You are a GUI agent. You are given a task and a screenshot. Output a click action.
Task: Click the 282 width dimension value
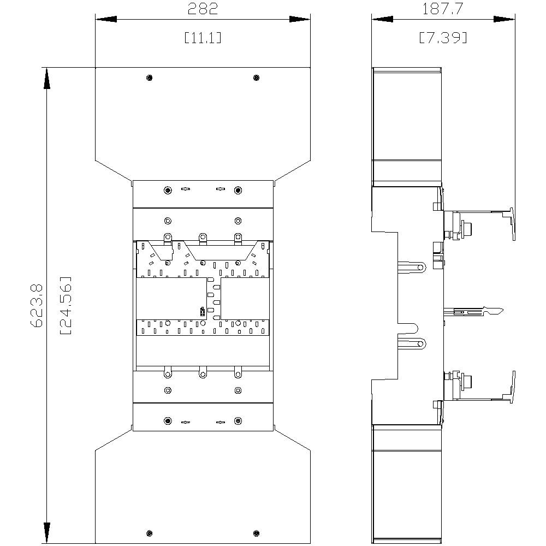point(203,9)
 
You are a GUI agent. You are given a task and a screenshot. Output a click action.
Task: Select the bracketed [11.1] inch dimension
point(203,38)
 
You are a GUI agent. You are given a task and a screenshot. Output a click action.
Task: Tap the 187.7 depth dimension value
point(443,9)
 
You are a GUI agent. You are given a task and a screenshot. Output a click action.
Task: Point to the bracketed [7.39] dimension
point(443,38)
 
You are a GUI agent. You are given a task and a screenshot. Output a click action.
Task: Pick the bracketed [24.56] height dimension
point(66,305)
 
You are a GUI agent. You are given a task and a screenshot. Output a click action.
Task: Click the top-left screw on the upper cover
point(150,78)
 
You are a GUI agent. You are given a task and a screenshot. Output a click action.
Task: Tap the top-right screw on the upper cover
point(256,78)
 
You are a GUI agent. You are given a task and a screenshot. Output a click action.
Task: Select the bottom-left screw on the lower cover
point(150,533)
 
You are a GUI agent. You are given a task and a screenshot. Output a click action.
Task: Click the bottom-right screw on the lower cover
point(256,533)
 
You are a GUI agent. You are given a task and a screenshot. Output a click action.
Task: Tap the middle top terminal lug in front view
point(203,238)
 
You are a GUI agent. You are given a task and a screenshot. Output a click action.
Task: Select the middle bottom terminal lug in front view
point(203,373)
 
